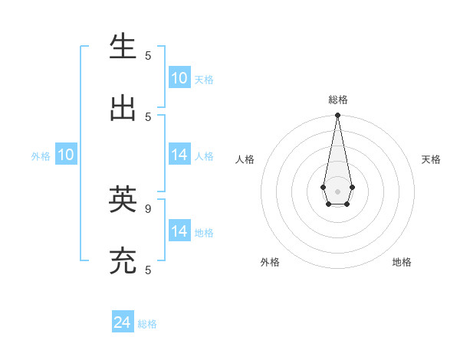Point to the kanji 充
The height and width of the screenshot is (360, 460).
point(123,261)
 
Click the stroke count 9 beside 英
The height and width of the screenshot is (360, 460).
point(148,208)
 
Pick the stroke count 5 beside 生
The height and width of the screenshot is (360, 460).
point(148,55)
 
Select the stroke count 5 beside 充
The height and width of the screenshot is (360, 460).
point(148,270)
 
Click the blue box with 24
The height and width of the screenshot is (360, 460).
point(123,322)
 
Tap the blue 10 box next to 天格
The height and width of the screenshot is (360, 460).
point(179,78)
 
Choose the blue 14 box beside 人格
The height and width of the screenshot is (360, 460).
point(179,155)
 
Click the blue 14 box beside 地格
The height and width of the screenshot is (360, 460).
point(179,231)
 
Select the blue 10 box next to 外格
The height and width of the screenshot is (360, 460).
point(66,155)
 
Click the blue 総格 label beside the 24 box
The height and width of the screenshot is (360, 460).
point(147,324)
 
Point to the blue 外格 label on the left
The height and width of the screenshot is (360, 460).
point(41,156)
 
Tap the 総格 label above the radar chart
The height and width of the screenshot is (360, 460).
point(337,100)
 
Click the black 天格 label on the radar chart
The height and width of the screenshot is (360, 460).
point(431,159)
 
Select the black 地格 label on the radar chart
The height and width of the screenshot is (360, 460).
point(402,262)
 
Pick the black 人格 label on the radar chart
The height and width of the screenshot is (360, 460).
point(245,159)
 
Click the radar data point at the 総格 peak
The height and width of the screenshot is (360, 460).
point(337,116)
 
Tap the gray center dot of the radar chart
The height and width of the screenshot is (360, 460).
point(337,191)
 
